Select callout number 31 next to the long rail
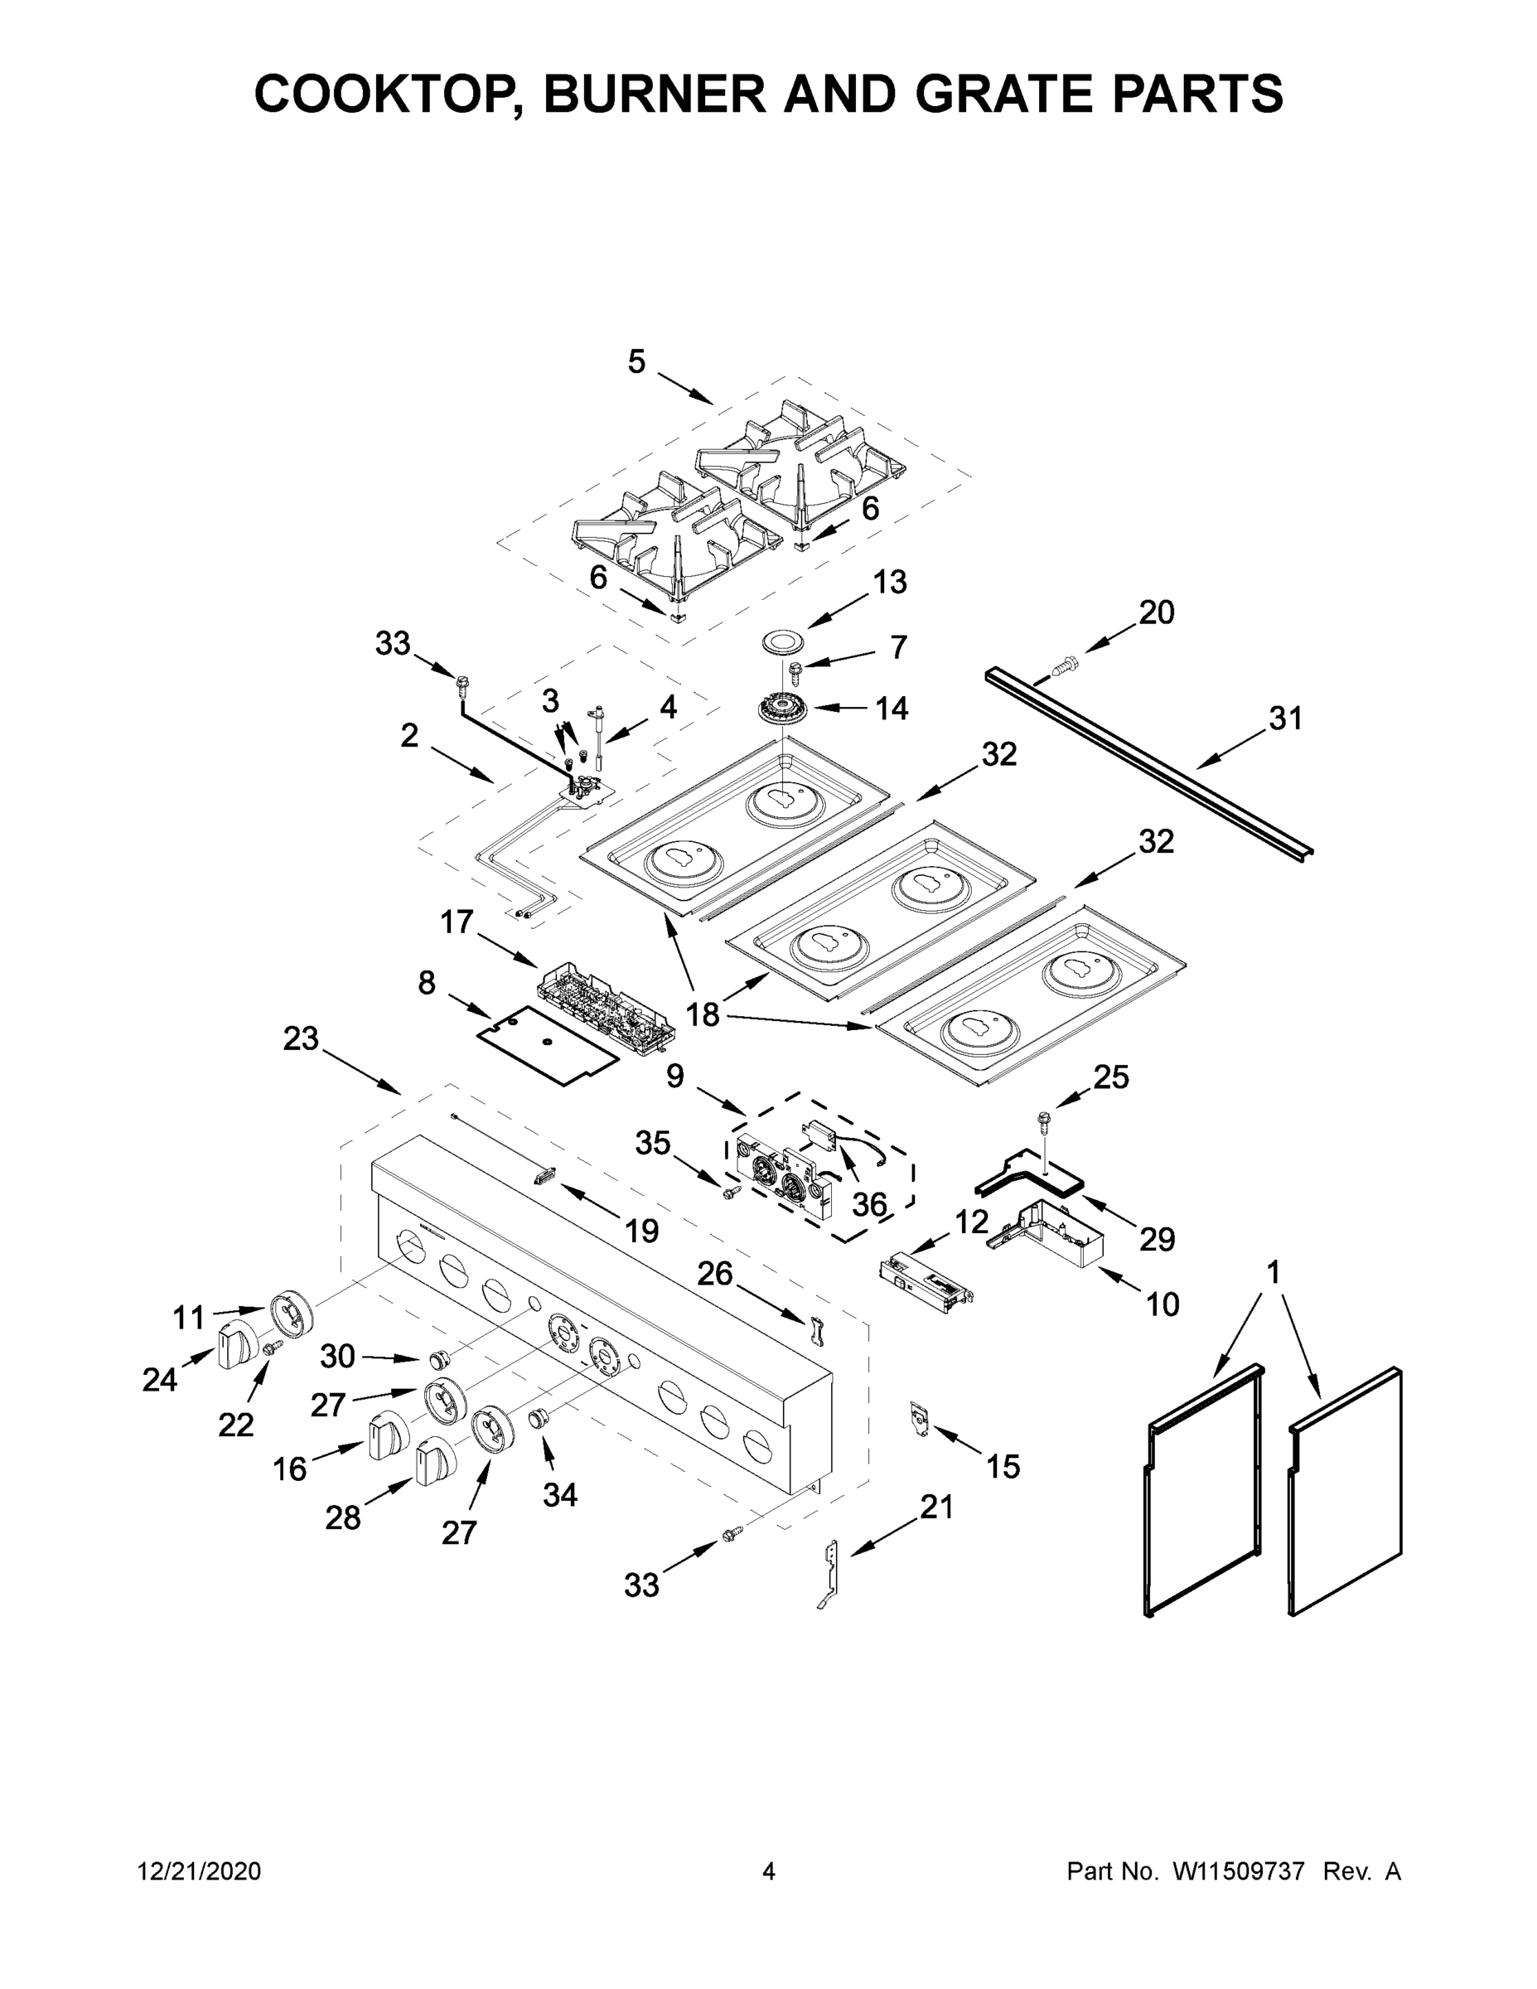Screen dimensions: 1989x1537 (x=1286, y=719)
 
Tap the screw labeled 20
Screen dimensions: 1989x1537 (x=1061, y=667)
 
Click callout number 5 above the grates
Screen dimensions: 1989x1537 (x=636, y=362)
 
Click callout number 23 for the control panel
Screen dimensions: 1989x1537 (x=301, y=1038)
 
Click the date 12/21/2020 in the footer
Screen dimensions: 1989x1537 (x=199, y=1871)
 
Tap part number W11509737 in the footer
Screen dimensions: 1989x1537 (x=1239, y=1871)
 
